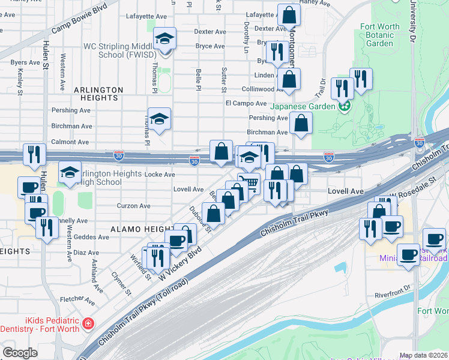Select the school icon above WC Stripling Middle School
point(164,40)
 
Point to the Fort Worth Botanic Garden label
point(379,35)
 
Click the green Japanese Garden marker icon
point(344,107)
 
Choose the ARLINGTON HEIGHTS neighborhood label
point(98,90)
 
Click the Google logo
point(20,353)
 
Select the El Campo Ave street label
point(246,103)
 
